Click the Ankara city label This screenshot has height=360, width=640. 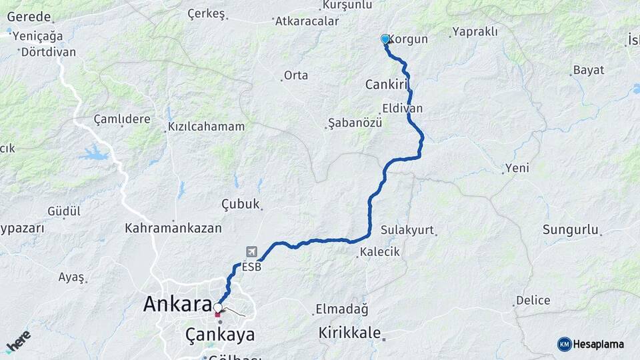[x=177, y=305]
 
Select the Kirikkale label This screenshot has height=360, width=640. [x=349, y=332]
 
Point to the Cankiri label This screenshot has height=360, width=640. [x=386, y=85]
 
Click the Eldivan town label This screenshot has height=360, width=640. [x=402, y=108]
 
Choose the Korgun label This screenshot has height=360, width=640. [x=407, y=39]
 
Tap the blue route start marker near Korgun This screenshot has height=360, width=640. [x=385, y=39]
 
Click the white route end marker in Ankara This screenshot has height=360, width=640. [x=218, y=308]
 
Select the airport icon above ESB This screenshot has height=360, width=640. [x=251, y=252]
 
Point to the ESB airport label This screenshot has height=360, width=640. [x=251, y=267]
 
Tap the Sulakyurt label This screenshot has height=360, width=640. [x=407, y=230]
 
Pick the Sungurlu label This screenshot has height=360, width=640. [x=570, y=230]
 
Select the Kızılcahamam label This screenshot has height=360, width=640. [x=206, y=126]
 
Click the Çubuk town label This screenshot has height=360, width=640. [x=239, y=204]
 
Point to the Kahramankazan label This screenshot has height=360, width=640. [x=173, y=228]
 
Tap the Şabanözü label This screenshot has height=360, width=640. [x=355, y=123]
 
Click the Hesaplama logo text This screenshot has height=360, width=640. [x=598, y=344]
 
